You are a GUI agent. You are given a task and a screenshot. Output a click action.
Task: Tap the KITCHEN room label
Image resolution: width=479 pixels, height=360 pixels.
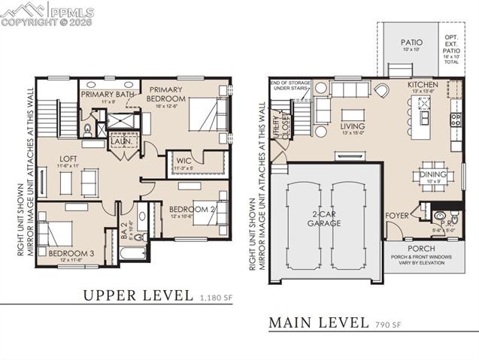tap(422, 86)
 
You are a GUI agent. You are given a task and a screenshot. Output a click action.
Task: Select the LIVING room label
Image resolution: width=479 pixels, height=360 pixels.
tap(353, 126)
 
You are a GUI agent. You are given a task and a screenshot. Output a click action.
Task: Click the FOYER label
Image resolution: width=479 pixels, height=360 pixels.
tap(397, 216)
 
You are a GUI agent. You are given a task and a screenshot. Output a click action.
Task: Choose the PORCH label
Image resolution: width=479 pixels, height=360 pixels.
tap(421, 248)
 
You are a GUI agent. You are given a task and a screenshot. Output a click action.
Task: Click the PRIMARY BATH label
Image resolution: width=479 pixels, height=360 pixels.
tap(107, 94)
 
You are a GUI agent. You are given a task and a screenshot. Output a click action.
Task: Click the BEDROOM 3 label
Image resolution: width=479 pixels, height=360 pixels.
tap(71, 254)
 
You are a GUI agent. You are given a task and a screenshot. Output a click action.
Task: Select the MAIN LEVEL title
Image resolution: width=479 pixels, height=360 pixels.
tap(319, 324)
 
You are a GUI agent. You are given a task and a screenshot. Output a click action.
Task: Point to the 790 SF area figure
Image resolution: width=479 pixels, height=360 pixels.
tap(390, 326)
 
